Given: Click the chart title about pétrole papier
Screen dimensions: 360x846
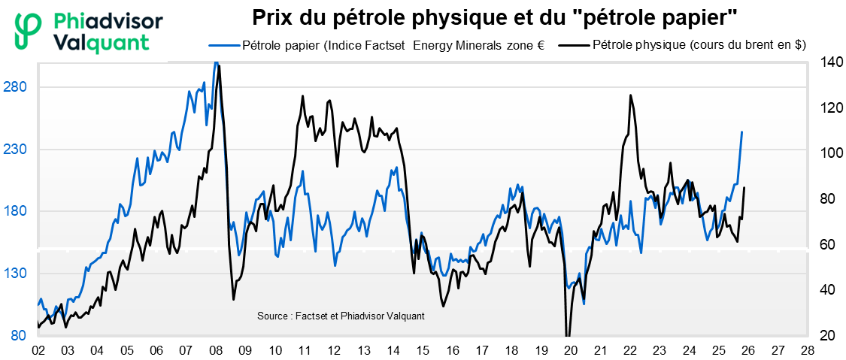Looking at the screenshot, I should coord(494,17).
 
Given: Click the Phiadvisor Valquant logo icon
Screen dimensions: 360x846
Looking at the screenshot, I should coord(29,32).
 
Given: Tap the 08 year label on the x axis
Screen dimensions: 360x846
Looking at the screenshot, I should coord(215,350).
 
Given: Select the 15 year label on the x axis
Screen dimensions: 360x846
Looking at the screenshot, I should coord(423,350).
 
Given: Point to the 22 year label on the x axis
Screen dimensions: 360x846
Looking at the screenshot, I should coord(629,350).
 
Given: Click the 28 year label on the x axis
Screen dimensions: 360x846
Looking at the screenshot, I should coord(807,350).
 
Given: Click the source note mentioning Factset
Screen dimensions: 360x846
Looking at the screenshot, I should coord(341,316).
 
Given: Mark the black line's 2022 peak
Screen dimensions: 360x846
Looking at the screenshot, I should coord(630,95).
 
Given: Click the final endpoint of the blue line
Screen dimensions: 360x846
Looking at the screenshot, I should coord(742,132).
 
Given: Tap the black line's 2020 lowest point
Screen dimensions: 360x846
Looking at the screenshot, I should coord(568,335).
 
